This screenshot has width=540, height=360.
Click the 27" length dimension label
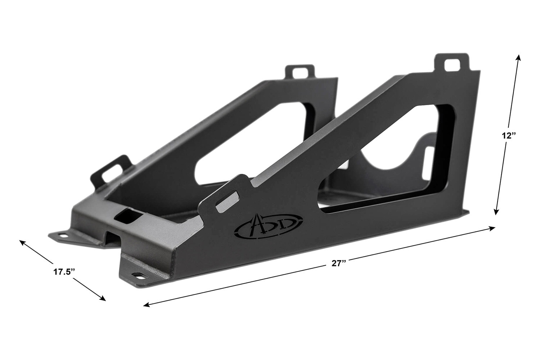pos(339,263)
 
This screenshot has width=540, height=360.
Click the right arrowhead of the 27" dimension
pos(492,228)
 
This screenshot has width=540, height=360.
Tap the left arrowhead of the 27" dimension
pos(147,305)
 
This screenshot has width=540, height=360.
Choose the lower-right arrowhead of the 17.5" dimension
pos(103,299)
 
